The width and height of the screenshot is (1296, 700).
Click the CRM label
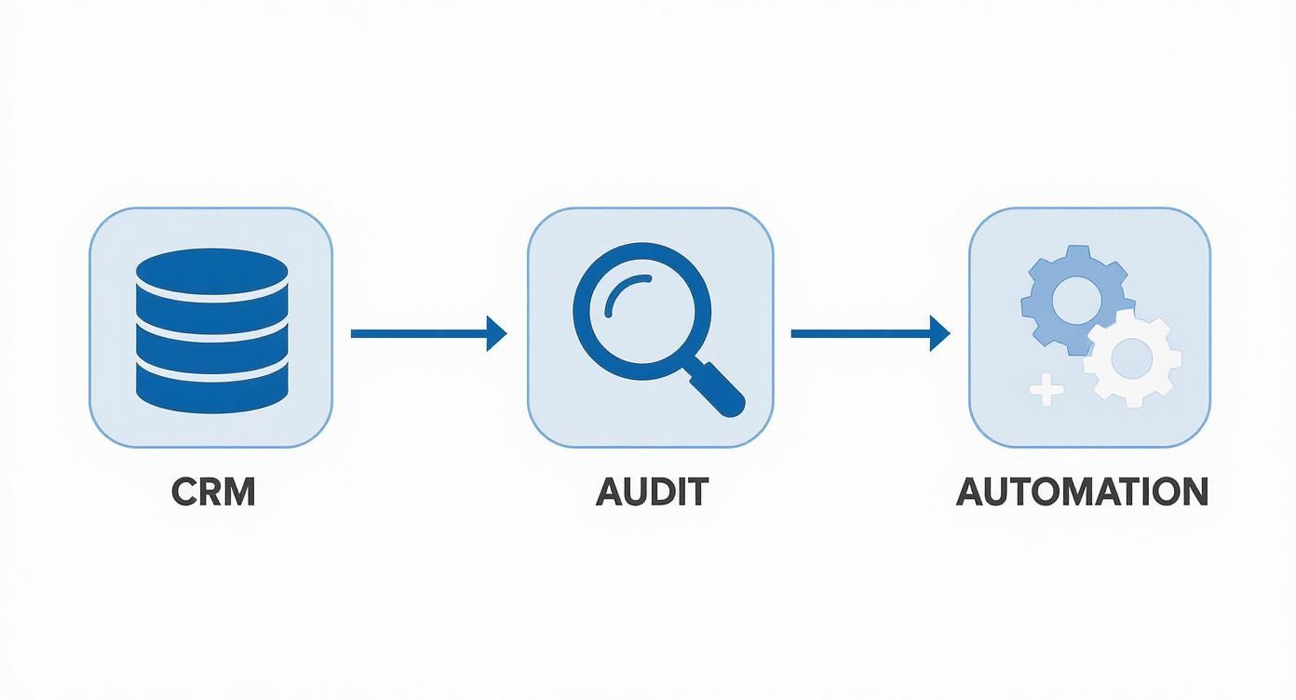pyautogui.click(x=213, y=492)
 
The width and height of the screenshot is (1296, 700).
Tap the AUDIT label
pyautogui.click(x=652, y=492)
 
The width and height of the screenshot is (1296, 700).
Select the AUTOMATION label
pyautogui.click(x=1082, y=492)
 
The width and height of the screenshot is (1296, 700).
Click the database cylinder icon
pyautogui.click(x=211, y=330)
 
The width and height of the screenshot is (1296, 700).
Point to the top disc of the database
pyautogui.click(x=211, y=273)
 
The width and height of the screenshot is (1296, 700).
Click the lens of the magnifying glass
pyautogui.click(x=641, y=311)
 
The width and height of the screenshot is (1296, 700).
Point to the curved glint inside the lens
pyautogui.click(x=626, y=295)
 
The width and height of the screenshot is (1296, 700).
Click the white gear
pyautogui.click(x=1132, y=358)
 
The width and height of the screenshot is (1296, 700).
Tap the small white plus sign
pyautogui.click(x=1046, y=389)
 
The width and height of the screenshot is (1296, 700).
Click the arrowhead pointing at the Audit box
pyautogui.click(x=496, y=333)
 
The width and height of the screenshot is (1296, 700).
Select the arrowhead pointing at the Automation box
pyautogui.click(x=939, y=333)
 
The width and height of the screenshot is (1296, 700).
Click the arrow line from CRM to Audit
pyautogui.click(x=428, y=333)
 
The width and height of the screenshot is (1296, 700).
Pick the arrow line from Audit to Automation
pyautogui.click(x=871, y=333)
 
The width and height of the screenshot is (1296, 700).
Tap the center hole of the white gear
pyautogui.click(x=1132, y=358)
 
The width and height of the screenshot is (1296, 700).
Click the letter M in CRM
pyautogui.click(x=238, y=492)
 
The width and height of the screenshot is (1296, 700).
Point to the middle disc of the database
pyautogui.click(x=211, y=330)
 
